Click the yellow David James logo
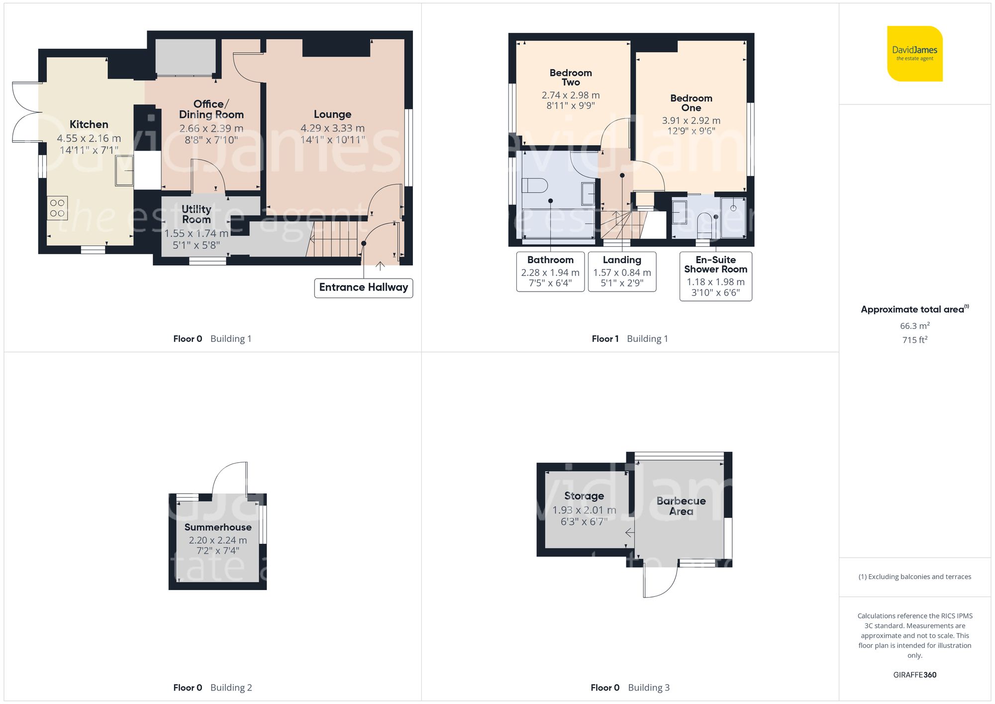(914, 54)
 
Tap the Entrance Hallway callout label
(363, 288)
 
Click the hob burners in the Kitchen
(57, 208)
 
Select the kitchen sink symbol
(124, 171)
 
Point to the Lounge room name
(332, 114)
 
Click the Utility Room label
(196, 214)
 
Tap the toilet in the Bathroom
(534, 186)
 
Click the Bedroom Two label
(571, 78)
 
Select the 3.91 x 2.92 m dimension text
(691, 120)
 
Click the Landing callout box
(622, 271)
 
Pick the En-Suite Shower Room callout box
(715, 276)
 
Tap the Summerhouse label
(218, 527)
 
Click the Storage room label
(584, 496)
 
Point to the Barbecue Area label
(681, 506)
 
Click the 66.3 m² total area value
(914, 326)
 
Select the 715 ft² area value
(914, 340)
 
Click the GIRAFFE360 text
(914, 675)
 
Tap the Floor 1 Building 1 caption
(629, 339)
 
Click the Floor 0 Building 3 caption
(629, 688)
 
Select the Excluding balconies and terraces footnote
(914, 577)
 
